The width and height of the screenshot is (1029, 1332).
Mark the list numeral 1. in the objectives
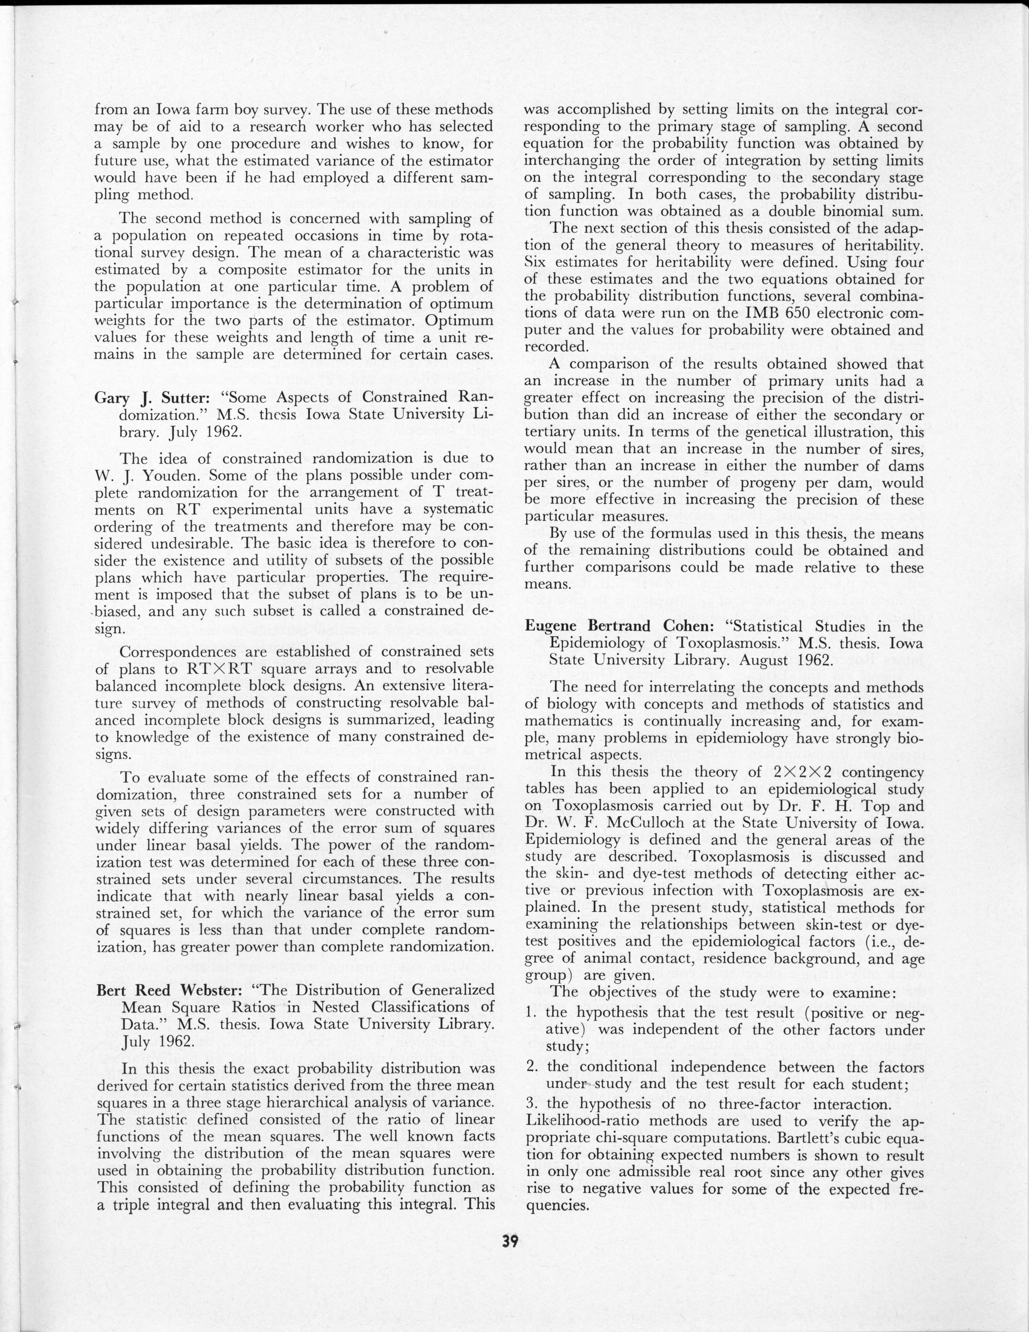(530, 1013)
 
